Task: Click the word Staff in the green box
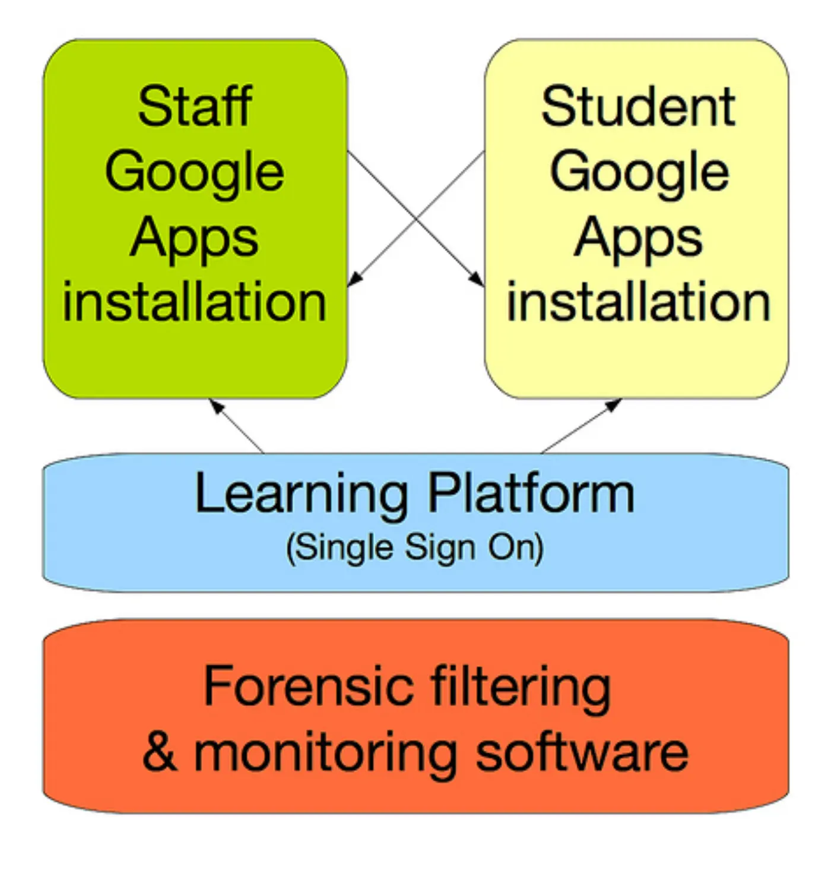195,106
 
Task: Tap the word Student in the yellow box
638,106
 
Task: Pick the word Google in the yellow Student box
639,175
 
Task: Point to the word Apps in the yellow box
638,241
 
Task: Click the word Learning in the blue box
302,496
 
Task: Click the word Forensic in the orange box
309,685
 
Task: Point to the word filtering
521,689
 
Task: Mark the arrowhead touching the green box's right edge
354,279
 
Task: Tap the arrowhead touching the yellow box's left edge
477,279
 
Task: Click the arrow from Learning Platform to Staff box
236,426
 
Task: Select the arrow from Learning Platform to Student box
581,426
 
